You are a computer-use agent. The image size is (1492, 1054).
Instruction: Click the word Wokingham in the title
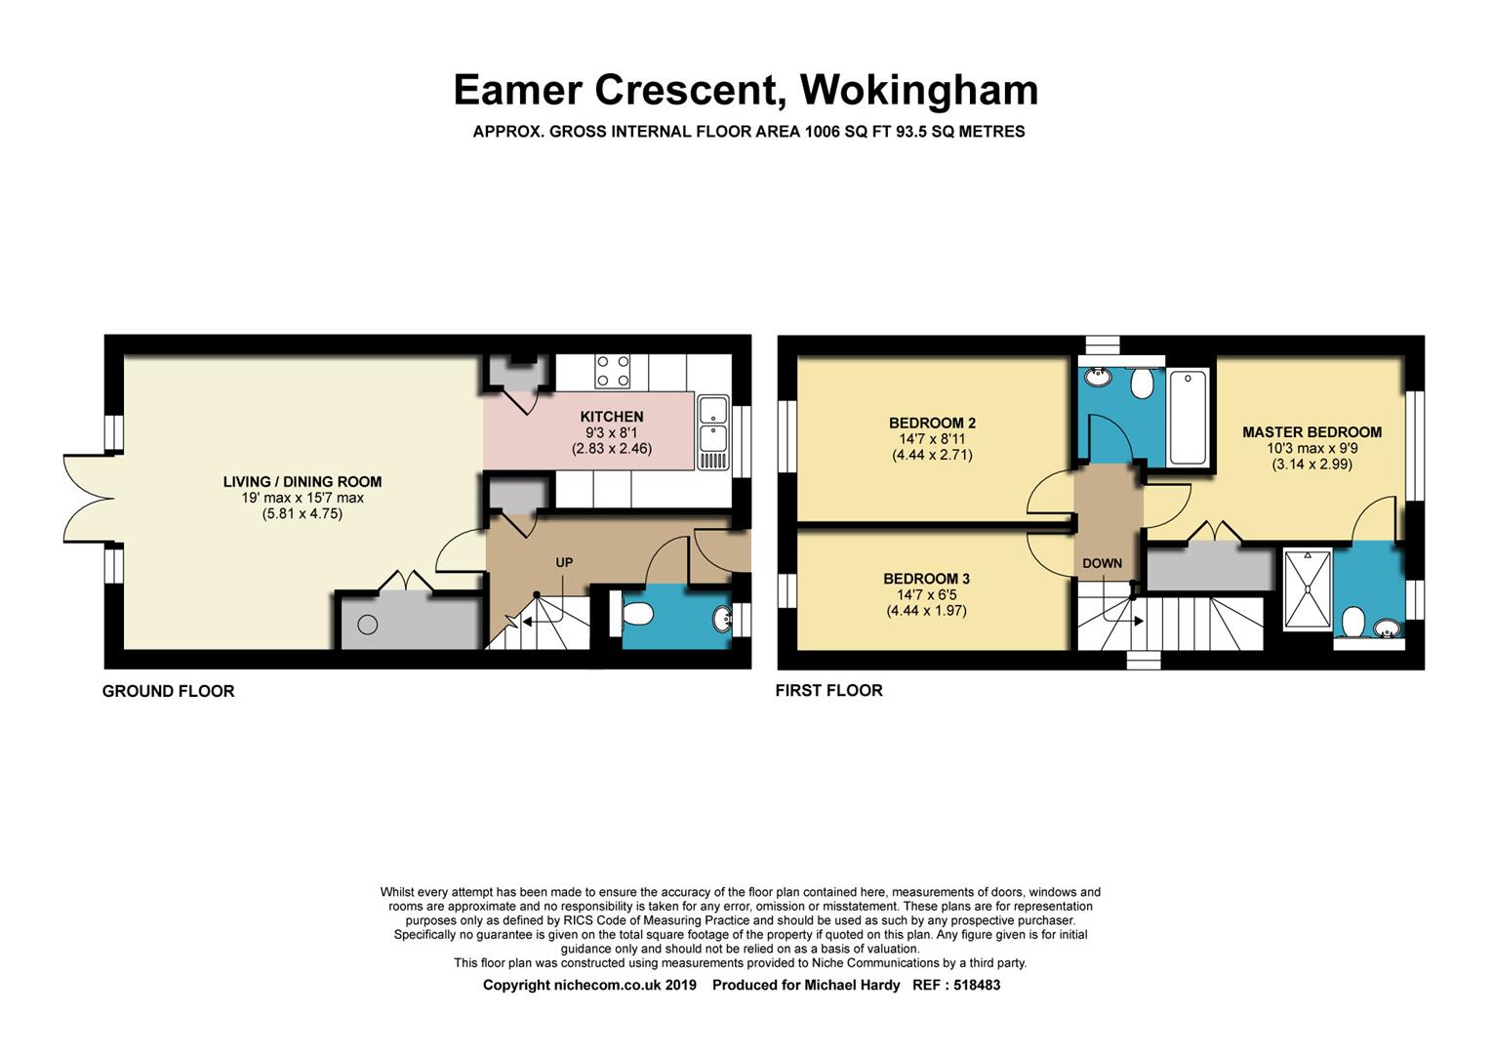(x=919, y=90)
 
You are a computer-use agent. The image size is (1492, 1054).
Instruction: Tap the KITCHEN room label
(x=612, y=417)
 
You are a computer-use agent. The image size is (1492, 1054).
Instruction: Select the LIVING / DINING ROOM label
(x=302, y=481)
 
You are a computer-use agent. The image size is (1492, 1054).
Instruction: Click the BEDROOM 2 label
(x=932, y=423)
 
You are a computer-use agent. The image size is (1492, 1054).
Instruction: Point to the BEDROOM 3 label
(x=926, y=579)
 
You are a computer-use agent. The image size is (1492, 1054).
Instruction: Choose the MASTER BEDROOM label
(x=1311, y=431)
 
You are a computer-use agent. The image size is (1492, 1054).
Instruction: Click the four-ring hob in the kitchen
(x=613, y=371)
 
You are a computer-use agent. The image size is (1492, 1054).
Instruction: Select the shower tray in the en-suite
(x=1308, y=588)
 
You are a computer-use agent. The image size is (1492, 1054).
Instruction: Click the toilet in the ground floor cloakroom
(x=632, y=613)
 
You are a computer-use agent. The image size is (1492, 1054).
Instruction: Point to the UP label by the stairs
(x=563, y=562)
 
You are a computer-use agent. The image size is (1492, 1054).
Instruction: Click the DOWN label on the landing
(x=1102, y=563)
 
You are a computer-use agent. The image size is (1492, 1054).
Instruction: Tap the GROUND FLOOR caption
(x=168, y=691)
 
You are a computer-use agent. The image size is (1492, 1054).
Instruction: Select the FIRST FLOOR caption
(x=828, y=690)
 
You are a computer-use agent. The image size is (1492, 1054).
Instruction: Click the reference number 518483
(x=977, y=985)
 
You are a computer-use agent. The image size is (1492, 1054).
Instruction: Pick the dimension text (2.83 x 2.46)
(x=612, y=448)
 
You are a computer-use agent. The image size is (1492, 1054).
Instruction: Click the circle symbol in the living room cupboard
(x=368, y=625)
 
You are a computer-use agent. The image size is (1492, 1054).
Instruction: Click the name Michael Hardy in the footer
(x=852, y=985)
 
